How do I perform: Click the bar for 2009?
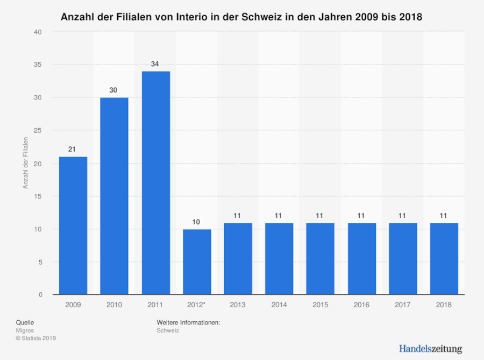click(x=73, y=225)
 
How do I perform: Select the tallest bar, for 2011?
click(x=155, y=183)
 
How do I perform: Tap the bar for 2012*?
click(x=197, y=262)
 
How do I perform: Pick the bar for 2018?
click(x=444, y=258)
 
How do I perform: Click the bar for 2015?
click(x=320, y=258)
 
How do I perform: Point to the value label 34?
click(x=155, y=64)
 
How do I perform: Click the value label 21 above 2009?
click(x=73, y=149)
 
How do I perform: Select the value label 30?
click(x=114, y=90)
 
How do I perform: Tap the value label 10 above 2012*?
click(x=197, y=222)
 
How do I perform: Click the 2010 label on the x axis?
click(x=114, y=305)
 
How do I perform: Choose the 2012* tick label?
click(x=197, y=305)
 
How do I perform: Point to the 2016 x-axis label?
click(x=361, y=305)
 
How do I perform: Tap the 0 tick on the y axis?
click(x=40, y=295)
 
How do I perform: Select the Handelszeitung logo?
click(x=430, y=349)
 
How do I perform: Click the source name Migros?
click(x=25, y=330)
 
